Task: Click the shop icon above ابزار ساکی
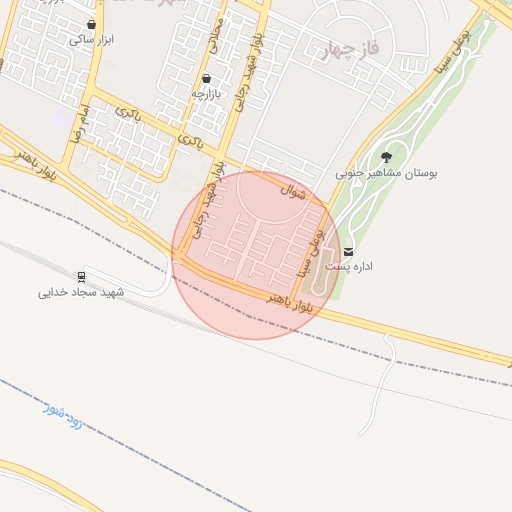click(92, 25)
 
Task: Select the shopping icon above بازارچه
click(206, 78)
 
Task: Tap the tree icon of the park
click(386, 157)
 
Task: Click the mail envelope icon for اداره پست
click(348, 250)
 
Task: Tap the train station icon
click(80, 276)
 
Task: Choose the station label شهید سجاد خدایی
click(80, 292)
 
